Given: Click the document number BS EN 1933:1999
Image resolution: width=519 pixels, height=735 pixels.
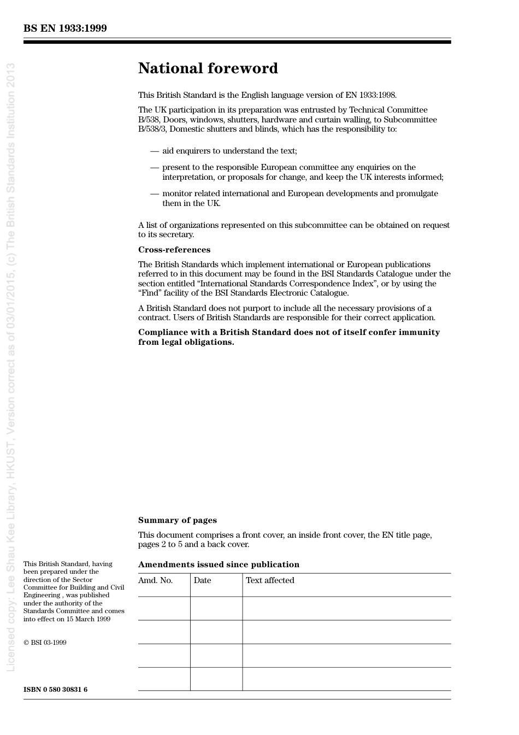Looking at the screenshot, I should pyautogui.click(x=65, y=28).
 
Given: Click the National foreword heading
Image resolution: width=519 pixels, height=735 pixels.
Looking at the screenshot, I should pyautogui.click(x=208, y=68).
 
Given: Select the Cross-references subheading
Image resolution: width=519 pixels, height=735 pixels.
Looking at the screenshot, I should pyautogui.click(x=174, y=250).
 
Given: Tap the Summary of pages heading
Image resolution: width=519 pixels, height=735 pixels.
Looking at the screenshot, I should pyautogui.click(x=177, y=520).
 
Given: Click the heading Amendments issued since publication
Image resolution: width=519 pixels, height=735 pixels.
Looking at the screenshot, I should pyautogui.click(x=219, y=565).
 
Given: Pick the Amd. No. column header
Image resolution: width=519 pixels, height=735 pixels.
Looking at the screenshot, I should pyautogui.click(x=155, y=580).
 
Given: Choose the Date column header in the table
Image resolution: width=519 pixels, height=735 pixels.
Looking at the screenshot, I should pyautogui.click(x=202, y=580).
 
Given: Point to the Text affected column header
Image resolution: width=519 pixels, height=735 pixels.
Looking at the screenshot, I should pyautogui.click(x=270, y=580).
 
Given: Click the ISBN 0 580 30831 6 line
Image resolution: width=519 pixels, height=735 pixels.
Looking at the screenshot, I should pyautogui.click(x=55, y=690).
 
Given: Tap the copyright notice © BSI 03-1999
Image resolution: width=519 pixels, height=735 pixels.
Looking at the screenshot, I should pyautogui.click(x=45, y=643).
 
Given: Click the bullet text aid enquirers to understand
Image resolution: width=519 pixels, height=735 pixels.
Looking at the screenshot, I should pyautogui.click(x=229, y=151).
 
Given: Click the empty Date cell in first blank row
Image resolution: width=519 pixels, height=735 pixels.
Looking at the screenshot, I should pyautogui.click(x=216, y=608).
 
